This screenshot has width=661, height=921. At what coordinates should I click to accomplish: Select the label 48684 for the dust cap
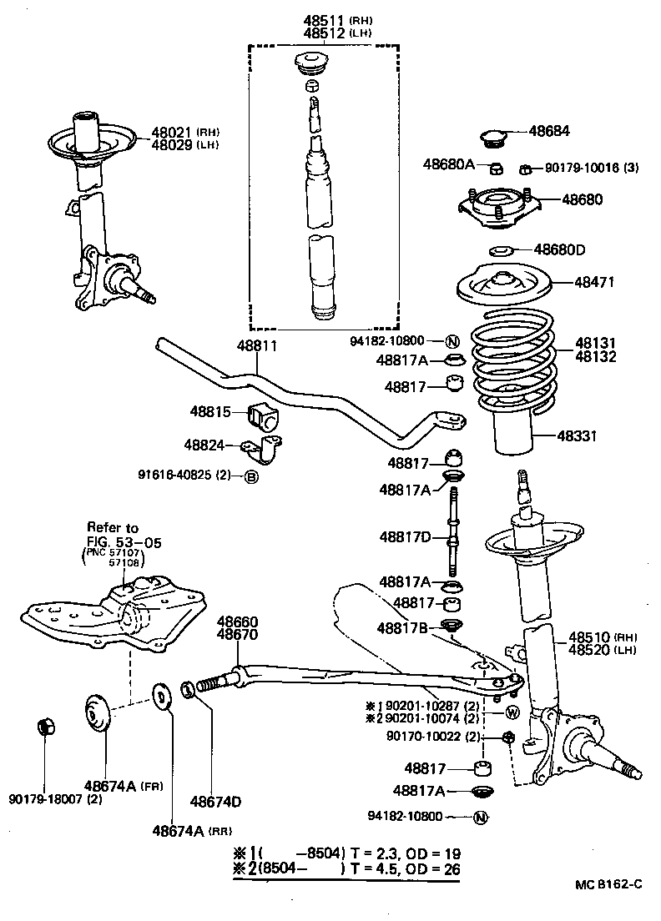pos(549,131)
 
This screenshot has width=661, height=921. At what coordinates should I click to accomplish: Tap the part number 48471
pos(594,283)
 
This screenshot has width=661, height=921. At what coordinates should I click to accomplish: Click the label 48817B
pos(403,627)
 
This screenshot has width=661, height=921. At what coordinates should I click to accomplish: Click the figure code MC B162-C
pos(608,883)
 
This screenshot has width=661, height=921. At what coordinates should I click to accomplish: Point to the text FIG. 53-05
pos(124,542)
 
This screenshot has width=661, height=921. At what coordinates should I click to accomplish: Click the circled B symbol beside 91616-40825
pos(250,477)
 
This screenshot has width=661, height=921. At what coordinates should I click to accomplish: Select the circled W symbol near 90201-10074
pos(512,712)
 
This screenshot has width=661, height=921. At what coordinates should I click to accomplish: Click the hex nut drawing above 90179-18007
pos(47,727)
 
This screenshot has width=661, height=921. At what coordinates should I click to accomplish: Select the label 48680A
pos(448,164)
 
